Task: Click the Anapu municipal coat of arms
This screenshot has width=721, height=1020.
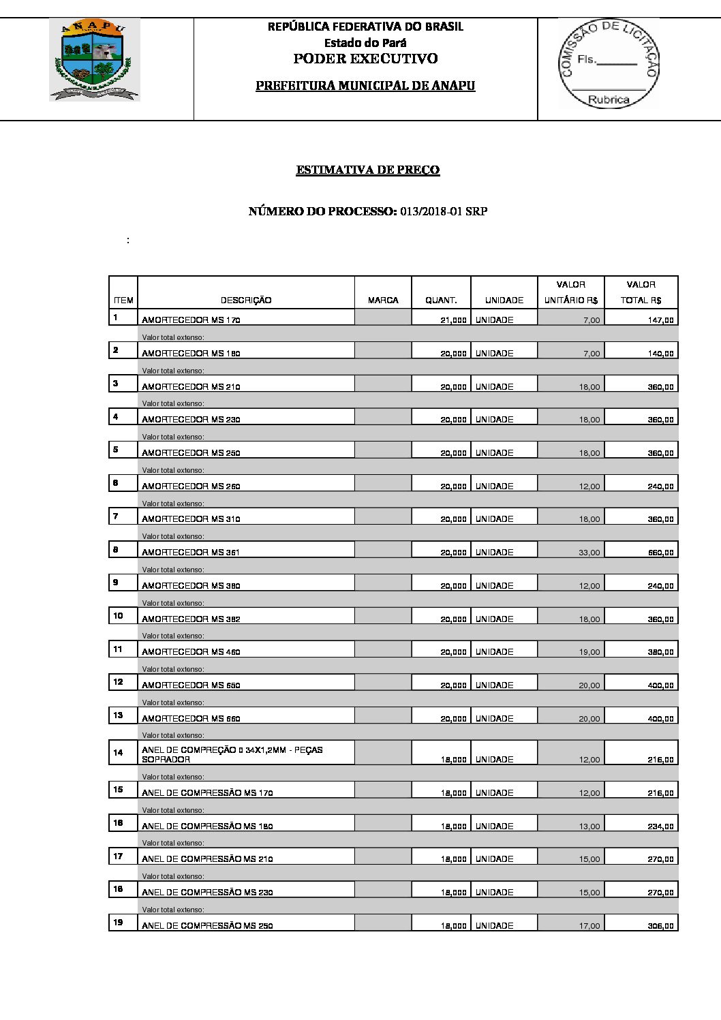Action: (x=95, y=59)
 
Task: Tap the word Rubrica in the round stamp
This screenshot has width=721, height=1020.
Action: (x=609, y=99)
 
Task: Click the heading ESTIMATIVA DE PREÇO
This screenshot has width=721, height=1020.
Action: (x=367, y=170)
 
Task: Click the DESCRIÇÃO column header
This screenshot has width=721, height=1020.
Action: (x=246, y=300)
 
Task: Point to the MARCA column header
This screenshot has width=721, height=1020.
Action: (x=383, y=300)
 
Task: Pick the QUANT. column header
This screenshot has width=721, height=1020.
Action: (x=441, y=300)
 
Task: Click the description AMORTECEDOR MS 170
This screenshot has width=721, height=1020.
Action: (x=191, y=320)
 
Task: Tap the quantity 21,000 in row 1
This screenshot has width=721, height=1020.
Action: (x=453, y=320)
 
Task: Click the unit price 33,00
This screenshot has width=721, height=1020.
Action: (x=589, y=553)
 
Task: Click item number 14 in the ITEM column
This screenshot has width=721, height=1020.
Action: (x=119, y=753)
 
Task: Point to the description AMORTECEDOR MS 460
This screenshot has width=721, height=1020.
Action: (x=191, y=652)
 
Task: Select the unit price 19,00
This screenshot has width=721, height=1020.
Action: (x=589, y=652)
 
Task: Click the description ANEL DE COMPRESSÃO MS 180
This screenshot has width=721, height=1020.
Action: (x=207, y=826)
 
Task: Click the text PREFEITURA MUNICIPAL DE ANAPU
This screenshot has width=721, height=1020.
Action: (x=365, y=86)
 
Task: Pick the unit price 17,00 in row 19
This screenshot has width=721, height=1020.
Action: (x=589, y=926)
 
